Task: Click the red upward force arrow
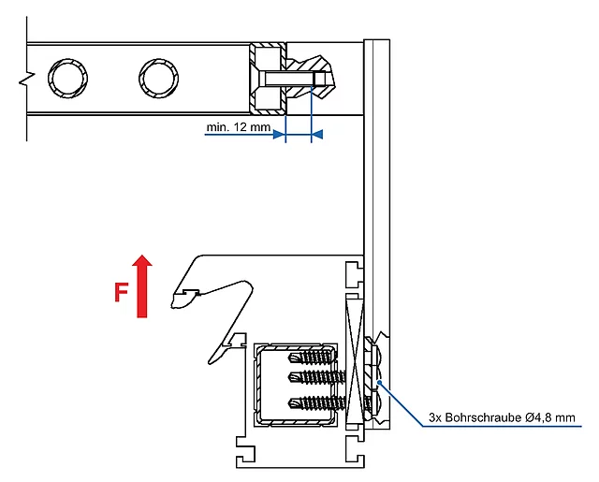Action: coord(142,285)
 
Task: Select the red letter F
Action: coord(121,292)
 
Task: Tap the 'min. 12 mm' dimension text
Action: coord(239,126)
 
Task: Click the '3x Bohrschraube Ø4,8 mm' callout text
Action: coord(502,417)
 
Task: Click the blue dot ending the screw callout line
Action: coord(379,382)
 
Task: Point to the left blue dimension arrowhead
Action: coord(279,135)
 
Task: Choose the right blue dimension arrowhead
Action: coord(317,135)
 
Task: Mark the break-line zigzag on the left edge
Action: coord(27,78)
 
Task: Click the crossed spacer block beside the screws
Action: coord(355,359)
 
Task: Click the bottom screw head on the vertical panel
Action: coord(374,403)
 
